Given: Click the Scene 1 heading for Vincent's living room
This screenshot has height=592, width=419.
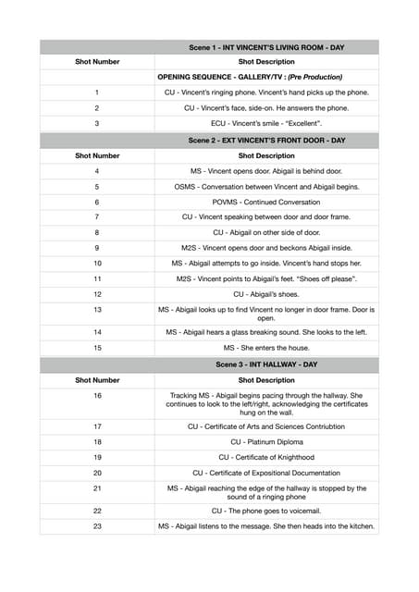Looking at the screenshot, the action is click(x=266, y=46).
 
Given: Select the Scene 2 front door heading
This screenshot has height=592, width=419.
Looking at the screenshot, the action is click(x=266, y=141).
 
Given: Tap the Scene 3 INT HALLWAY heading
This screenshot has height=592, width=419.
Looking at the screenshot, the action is click(x=266, y=364).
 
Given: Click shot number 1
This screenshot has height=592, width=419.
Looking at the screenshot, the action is click(x=97, y=92).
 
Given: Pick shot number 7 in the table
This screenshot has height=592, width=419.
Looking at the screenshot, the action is click(x=97, y=216).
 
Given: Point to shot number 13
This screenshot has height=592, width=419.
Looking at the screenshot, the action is click(x=97, y=309).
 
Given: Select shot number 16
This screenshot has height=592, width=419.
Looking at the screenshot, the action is click(x=97, y=395).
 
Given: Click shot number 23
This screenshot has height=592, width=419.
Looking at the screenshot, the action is click(x=97, y=526).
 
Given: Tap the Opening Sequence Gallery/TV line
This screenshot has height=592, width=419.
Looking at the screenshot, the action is click(x=250, y=77).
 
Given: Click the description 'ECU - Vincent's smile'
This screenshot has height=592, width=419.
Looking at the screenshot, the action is click(x=266, y=123).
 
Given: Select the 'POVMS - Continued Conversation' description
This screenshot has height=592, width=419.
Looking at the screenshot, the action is click(x=266, y=201).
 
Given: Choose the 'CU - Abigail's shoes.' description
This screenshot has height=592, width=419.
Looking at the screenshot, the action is click(x=266, y=293).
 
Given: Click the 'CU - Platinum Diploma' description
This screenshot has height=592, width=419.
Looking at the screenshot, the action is click(x=266, y=442).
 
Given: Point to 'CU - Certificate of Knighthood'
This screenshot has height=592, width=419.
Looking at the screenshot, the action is click(x=266, y=457).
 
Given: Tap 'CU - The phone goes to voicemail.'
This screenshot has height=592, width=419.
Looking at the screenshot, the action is click(x=266, y=511).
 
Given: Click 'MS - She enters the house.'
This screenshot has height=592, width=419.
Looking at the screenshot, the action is click(x=266, y=347).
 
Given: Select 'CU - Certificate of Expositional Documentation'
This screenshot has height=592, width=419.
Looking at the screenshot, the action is click(x=266, y=473).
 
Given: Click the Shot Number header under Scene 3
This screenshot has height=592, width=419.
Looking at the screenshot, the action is click(x=97, y=379).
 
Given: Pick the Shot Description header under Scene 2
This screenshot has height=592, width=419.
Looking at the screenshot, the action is click(x=266, y=155).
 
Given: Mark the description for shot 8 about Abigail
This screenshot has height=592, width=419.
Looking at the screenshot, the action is click(x=266, y=232).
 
